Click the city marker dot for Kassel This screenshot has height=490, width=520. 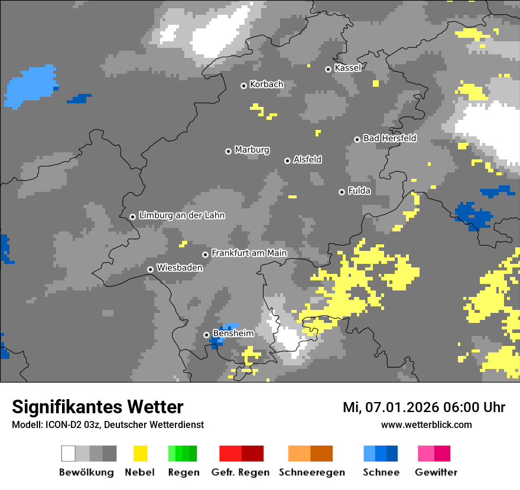pos(328,69)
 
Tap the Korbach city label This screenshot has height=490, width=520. pos(266,84)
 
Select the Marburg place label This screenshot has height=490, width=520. pos(252,150)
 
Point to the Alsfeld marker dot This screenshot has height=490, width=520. pos(287,161)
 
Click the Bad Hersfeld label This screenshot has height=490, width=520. pos(389,138)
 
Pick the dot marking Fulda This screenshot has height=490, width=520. pos(342,192)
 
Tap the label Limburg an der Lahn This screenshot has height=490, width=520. pos(181,215)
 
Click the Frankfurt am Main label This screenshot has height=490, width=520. pos(249,253)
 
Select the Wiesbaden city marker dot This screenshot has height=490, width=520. pos(150,269)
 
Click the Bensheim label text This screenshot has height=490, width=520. pos(233,334)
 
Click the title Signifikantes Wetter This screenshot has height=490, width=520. pos(97,407)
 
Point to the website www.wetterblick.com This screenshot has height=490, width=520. pos(426,424)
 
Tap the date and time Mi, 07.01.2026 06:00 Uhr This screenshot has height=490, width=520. pos(424,407)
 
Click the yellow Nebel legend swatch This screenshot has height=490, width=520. pos(140,453)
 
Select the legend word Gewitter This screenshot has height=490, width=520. pos(435,472)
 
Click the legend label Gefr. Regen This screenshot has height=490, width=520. pos(240,472)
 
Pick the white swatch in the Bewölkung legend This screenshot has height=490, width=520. pos(69,453)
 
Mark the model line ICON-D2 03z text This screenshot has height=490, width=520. pos(108,424)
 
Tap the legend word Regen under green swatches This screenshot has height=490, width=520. pos(183,472)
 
